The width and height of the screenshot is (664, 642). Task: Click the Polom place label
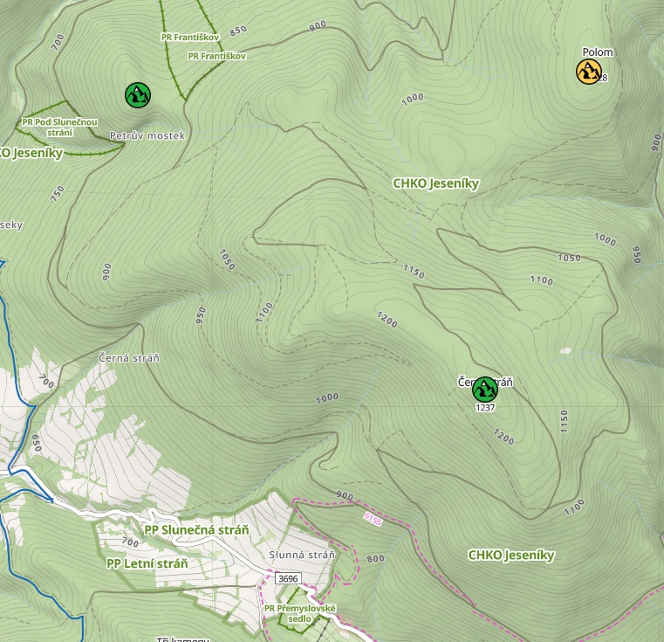[x=598, y=52]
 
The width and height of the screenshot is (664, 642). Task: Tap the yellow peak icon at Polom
[x=589, y=72]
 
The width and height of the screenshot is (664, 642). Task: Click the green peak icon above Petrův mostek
[x=138, y=94]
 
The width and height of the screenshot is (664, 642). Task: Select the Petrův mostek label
[x=147, y=136]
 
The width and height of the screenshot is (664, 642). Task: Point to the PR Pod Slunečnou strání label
[x=59, y=128]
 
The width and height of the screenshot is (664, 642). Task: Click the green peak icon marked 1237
[x=484, y=389]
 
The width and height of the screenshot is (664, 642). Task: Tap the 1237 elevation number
[x=485, y=408]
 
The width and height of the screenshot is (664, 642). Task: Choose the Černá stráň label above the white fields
[x=128, y=358]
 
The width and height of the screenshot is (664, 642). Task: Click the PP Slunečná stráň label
[x=196, y=530]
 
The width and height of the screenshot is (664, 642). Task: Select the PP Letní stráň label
[x=147, y=563]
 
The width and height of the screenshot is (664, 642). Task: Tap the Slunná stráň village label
[x=303, y=555]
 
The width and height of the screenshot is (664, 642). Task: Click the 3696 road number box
[x=287, y=578]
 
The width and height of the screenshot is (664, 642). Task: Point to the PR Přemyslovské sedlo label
[x=299, y=613]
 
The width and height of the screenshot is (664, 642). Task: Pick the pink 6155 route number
[x=372, y=520]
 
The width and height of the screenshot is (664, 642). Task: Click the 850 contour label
[x=237, y=31]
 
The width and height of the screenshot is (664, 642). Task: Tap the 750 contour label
[x=58, y=192]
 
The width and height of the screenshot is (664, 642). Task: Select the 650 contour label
[x=36, y=442]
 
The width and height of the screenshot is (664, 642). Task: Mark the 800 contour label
[x=375, y=559]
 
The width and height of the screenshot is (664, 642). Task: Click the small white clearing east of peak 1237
[x=565, y=351]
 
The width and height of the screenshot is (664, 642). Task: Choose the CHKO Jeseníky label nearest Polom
[x=435, y=183]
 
